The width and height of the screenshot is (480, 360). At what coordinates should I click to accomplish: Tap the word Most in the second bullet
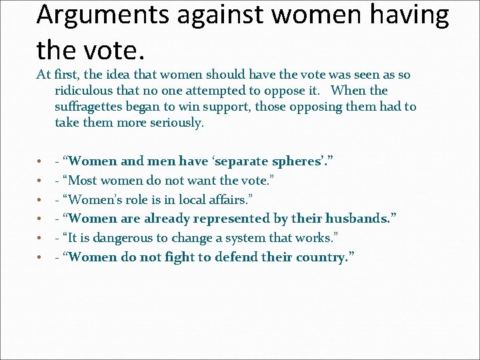click(x=83, y=181)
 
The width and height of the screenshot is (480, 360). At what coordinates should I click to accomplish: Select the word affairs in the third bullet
click(x=231, y=200)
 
